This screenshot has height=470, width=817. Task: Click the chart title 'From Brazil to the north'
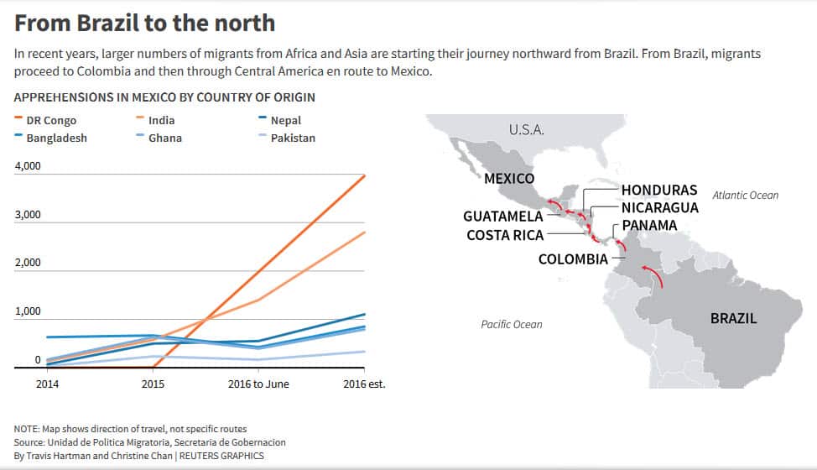(x=144, y=23)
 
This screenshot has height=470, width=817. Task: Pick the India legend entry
(x=161, y=121)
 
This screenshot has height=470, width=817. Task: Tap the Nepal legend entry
(x=285, y=121)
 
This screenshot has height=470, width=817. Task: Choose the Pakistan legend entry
(x=293, y=138)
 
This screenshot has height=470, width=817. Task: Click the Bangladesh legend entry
(x=56, y=138)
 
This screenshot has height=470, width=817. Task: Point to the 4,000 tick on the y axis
(x=28, y=166)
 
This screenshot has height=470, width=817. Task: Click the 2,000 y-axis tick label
(x=28, y=263)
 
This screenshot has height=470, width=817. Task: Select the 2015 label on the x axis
(x=154, y=384)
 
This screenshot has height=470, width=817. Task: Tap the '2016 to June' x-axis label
(x=258, y=384)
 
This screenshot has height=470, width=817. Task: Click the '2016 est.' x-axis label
(x=363, y=384)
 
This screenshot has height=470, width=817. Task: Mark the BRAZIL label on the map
(x=733, y=319)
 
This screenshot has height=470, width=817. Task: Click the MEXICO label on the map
(x=509, y=179)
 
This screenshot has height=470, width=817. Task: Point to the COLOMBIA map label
(x=573, y=259)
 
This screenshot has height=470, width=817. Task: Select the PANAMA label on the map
(x=649, y=226)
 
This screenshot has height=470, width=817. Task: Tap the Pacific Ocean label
(x=512, y=325)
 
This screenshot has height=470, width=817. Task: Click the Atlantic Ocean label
(x=745, y=196)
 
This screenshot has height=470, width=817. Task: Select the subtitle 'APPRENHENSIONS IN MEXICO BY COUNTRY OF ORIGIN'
(x=164, y=97)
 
